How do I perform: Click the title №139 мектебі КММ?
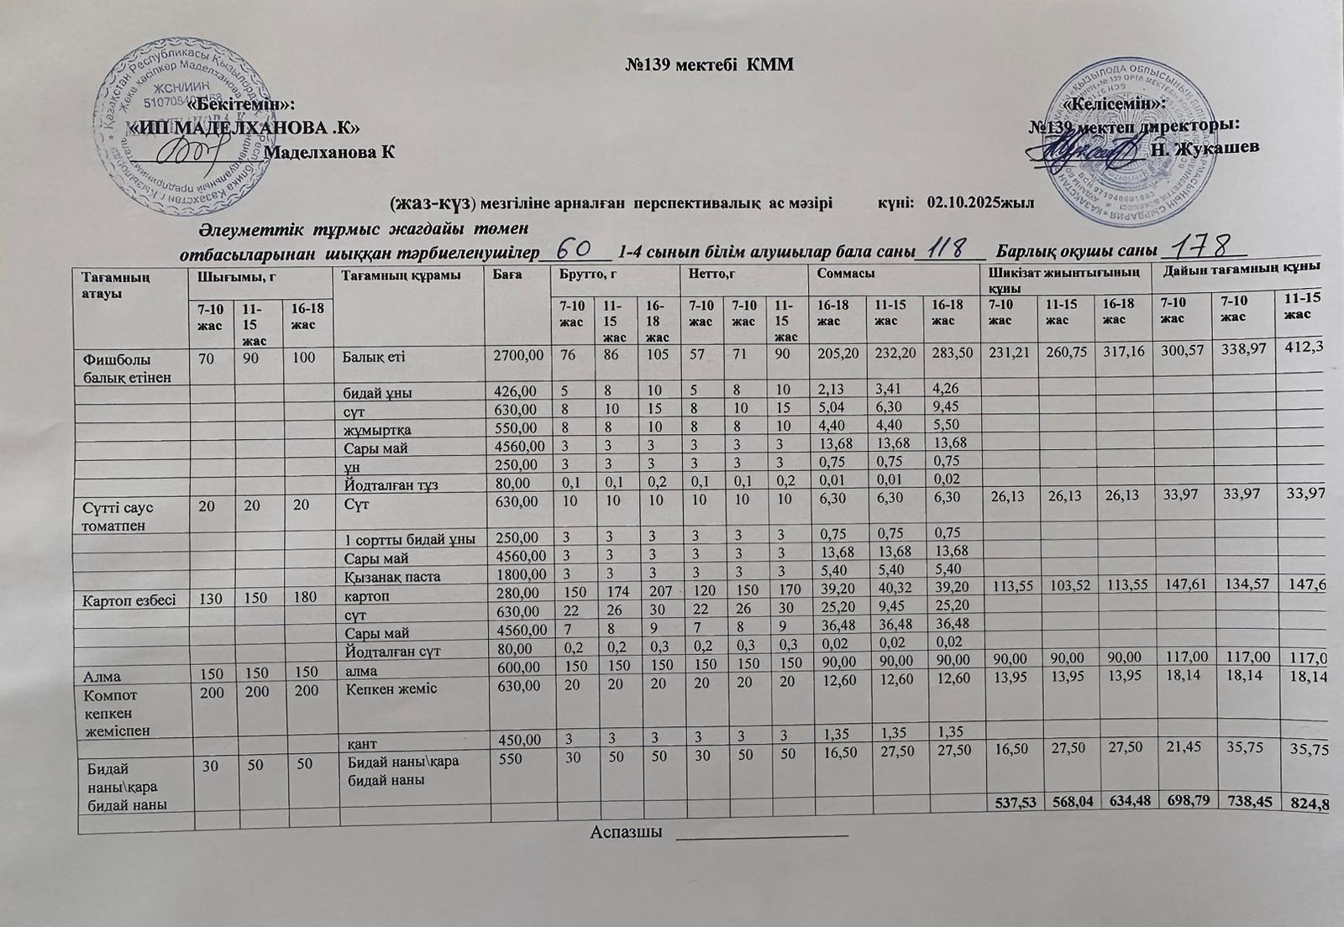[x=709, y=65]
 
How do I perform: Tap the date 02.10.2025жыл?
[x=979, y=203]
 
